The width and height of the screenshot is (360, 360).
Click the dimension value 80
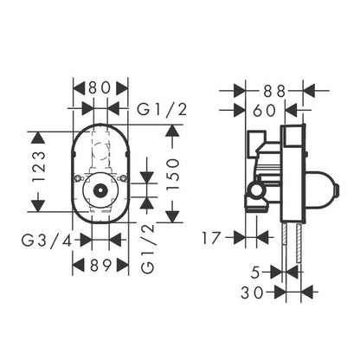coord(100,87)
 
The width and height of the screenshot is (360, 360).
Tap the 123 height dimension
coord(39,166)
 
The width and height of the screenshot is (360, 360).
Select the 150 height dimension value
coord(173,174)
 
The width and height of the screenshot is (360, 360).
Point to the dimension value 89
coord(100,265)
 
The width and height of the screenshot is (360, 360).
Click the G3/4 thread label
coord(47,241)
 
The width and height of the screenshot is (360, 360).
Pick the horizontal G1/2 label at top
coord(162,110)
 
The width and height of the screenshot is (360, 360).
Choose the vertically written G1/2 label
coord(148,248)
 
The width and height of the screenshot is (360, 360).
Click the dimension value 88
coord(274,91)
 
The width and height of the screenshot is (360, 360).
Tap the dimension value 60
coord(265,111)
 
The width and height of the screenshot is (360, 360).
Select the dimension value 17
coord(211,238)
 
